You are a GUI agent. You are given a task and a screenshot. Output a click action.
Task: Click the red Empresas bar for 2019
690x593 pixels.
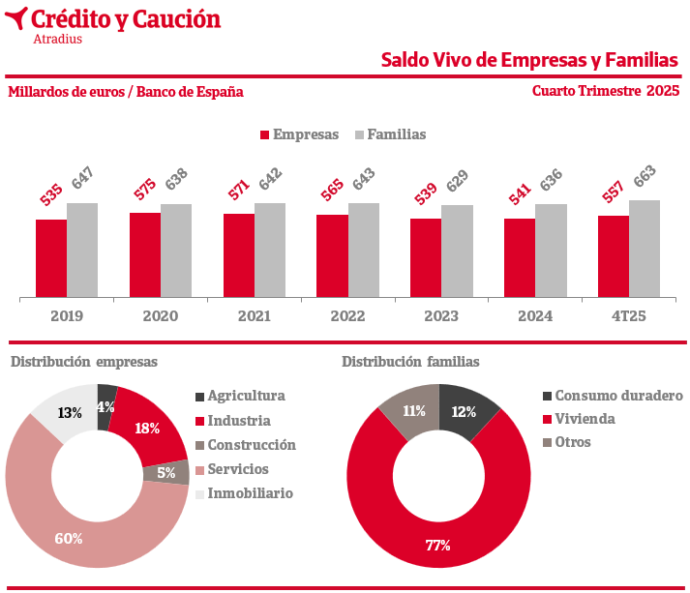51,258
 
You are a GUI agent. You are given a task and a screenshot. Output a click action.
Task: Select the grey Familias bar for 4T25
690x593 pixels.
645,249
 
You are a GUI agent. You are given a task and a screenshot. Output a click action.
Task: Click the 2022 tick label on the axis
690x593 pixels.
347,315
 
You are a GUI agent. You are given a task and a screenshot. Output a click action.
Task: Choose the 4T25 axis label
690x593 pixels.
628,315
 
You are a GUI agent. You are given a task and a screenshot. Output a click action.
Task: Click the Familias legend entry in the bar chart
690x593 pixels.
390,134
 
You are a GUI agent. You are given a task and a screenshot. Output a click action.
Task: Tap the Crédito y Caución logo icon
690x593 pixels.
15,18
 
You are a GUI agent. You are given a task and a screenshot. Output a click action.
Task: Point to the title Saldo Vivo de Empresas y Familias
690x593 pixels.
529,60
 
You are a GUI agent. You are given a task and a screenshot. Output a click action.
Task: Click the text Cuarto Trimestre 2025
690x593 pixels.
605,91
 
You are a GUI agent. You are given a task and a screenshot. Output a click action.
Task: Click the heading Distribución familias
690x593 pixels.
410,361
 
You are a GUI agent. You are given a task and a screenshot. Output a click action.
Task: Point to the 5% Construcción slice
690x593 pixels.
166,473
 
